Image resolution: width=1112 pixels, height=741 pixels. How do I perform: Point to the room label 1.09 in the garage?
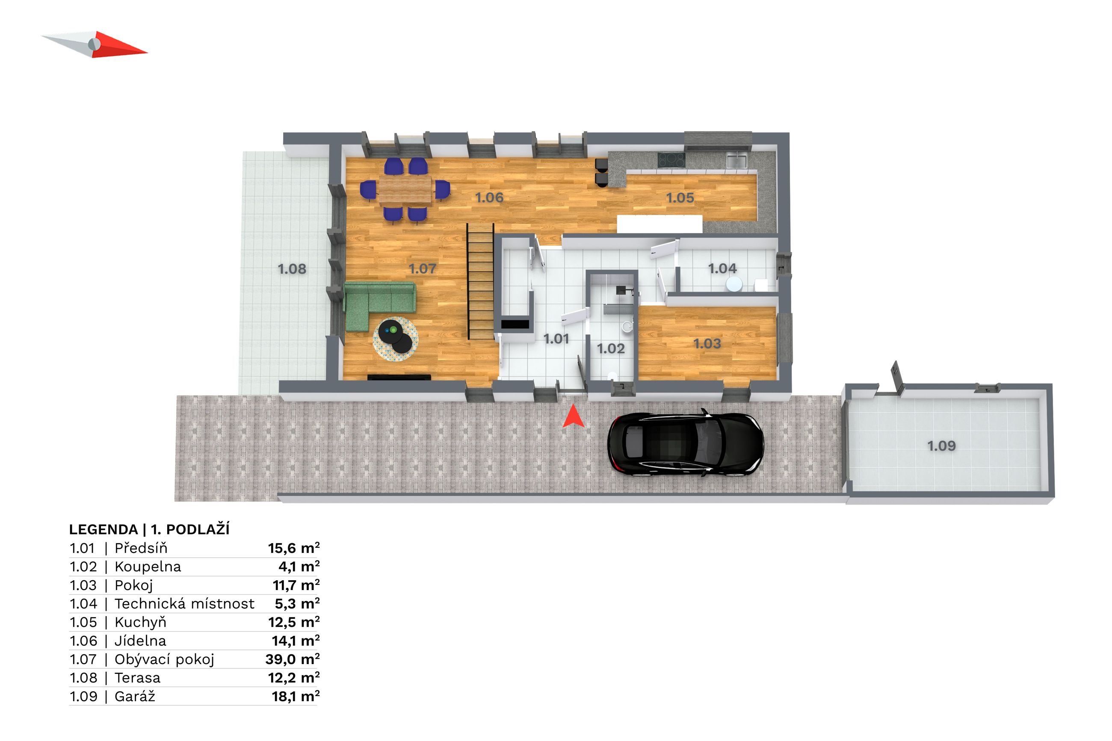tap(941, 446)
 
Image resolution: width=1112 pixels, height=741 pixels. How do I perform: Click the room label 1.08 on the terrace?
tap(292, 269)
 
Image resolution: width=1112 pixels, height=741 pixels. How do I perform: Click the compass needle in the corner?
tap(95, 45)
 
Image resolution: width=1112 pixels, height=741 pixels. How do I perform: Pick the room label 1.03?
tap(707, 344)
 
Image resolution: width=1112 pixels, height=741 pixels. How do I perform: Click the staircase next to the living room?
tap(481, 281)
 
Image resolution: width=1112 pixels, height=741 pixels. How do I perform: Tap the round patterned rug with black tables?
tap(396, 339)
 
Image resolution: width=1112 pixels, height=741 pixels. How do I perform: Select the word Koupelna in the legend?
tap(148, 567)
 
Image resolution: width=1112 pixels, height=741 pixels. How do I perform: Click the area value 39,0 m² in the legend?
tap(293, 659)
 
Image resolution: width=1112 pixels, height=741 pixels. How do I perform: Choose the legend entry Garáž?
tap(135, 696)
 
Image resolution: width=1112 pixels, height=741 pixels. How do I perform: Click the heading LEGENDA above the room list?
tap(104, 529)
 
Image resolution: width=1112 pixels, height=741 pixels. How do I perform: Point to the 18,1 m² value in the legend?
tap(296, 696)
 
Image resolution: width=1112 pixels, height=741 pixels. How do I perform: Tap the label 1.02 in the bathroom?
tap(611, 349)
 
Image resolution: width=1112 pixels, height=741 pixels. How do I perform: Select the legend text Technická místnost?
tap(184, 603)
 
